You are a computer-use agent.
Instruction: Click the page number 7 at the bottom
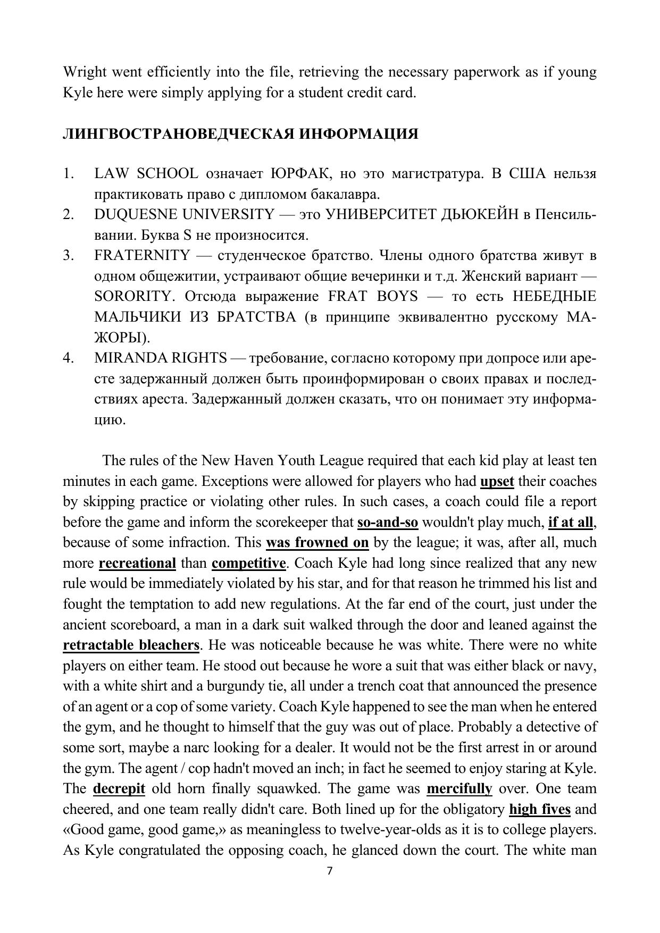(329, 871)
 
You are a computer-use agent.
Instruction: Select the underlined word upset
(497, 482)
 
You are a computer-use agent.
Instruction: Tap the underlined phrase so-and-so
(388, 523)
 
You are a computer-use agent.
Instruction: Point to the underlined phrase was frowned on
(317, 543)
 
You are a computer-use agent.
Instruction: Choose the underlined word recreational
(137, 564)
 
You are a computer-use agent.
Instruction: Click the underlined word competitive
(248, 564)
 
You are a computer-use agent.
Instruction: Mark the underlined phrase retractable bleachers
(131, 645)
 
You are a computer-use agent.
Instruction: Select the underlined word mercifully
(460, 789)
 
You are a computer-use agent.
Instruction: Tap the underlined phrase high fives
(540, 810)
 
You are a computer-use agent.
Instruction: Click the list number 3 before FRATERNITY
(68, 256)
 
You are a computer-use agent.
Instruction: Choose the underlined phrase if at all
(571, 523)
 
